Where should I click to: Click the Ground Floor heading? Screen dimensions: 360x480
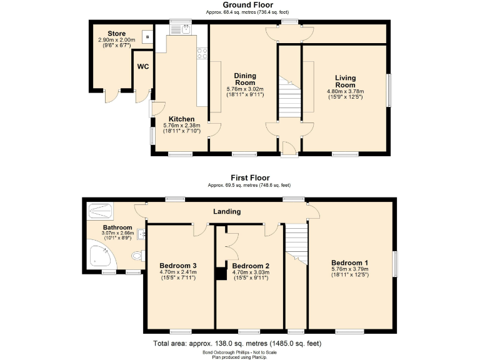pyautogui.click(x=239, y=5)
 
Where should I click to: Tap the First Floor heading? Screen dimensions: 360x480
pyautogui.click(x=239, y=178)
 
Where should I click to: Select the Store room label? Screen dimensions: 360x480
pyautogui.click(x=116, y=34)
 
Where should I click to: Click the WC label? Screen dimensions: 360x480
pyautogui.click(x=143, y=67)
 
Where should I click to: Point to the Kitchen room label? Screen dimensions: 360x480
pyautogui.click(x=181, y=119)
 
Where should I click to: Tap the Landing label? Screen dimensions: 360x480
pyautogui.click(x=227, y=212)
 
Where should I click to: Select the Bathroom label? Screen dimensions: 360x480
pyautogui.click(x=117, y=227)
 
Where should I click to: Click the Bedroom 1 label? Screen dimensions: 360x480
pyautogui.click(x=350, y=262)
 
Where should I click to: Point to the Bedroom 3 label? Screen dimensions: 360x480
pyautogui.click(x=178, y=265)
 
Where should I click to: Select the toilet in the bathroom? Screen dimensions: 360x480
pyautogui.click(x=137, y=255)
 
